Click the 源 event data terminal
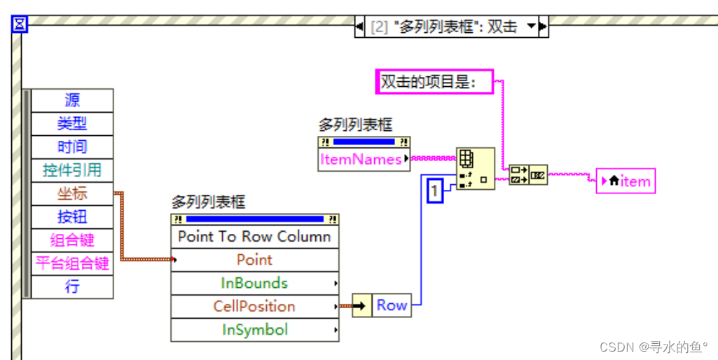pos(72,100)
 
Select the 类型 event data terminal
pos(72,123)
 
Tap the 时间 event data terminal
pos(72,146)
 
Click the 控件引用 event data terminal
pos(72,169)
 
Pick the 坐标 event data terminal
pos(72,193)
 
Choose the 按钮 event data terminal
pos(72,216)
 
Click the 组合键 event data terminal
pos(72,240)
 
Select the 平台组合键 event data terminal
pos(72,263)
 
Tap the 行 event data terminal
pos(72,286)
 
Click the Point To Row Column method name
pos(254,237)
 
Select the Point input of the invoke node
pos(254,260)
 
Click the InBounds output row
pos(254,283)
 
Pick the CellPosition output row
pos(254,306)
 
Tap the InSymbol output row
pos(254,330)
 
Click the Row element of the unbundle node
pos(392,305)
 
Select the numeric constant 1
pos(435,191)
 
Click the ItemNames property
pos(361,160)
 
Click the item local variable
pos(625,181)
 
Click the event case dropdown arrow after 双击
pos(532,27)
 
